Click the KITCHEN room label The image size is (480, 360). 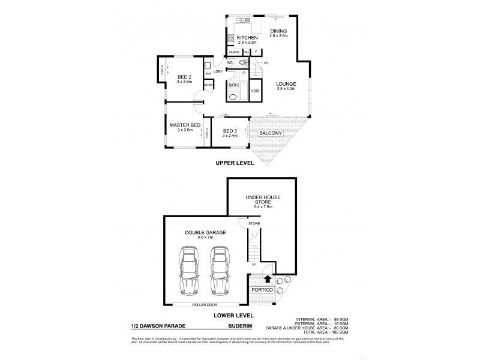click(x=247, y=37)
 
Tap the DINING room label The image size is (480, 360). click(x=278, y=31)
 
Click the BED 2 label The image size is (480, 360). click(x=184, y=77)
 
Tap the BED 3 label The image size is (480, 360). click(x=230, y=131)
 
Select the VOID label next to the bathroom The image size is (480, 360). click(x=255, y=91)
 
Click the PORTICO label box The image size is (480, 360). click(x=262, y=290)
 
